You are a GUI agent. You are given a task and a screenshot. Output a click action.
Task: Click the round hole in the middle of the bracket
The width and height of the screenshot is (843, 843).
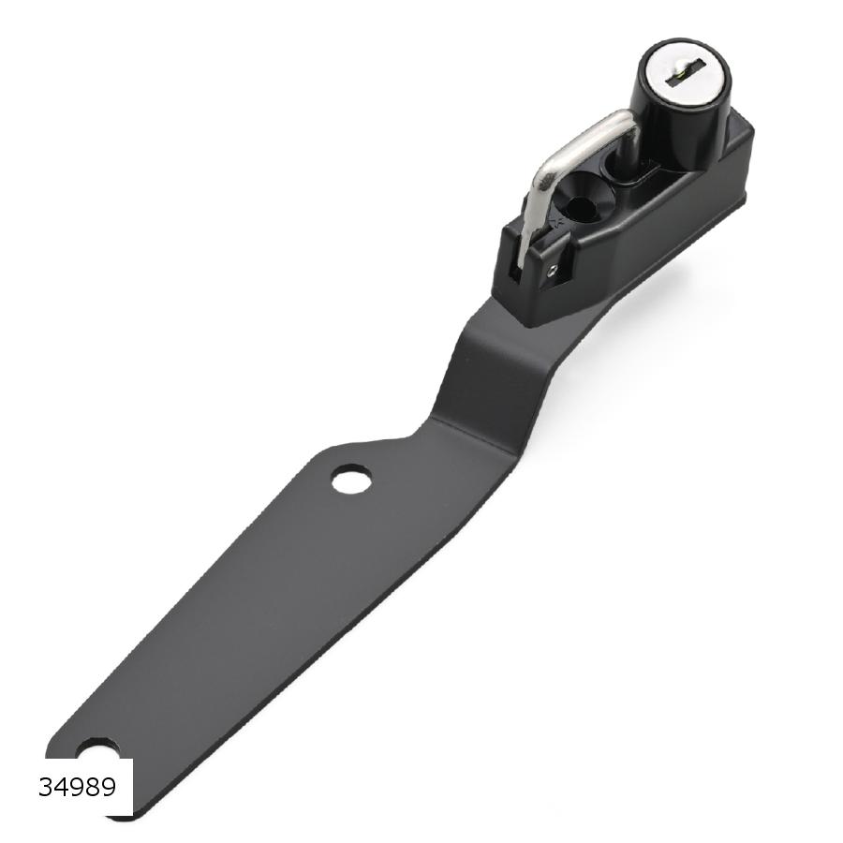click(x=351, y=480)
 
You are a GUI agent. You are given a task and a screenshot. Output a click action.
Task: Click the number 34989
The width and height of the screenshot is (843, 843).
click(x=78, y=788)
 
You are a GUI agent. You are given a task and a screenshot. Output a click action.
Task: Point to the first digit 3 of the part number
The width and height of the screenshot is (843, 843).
click(x=46, y=788)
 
